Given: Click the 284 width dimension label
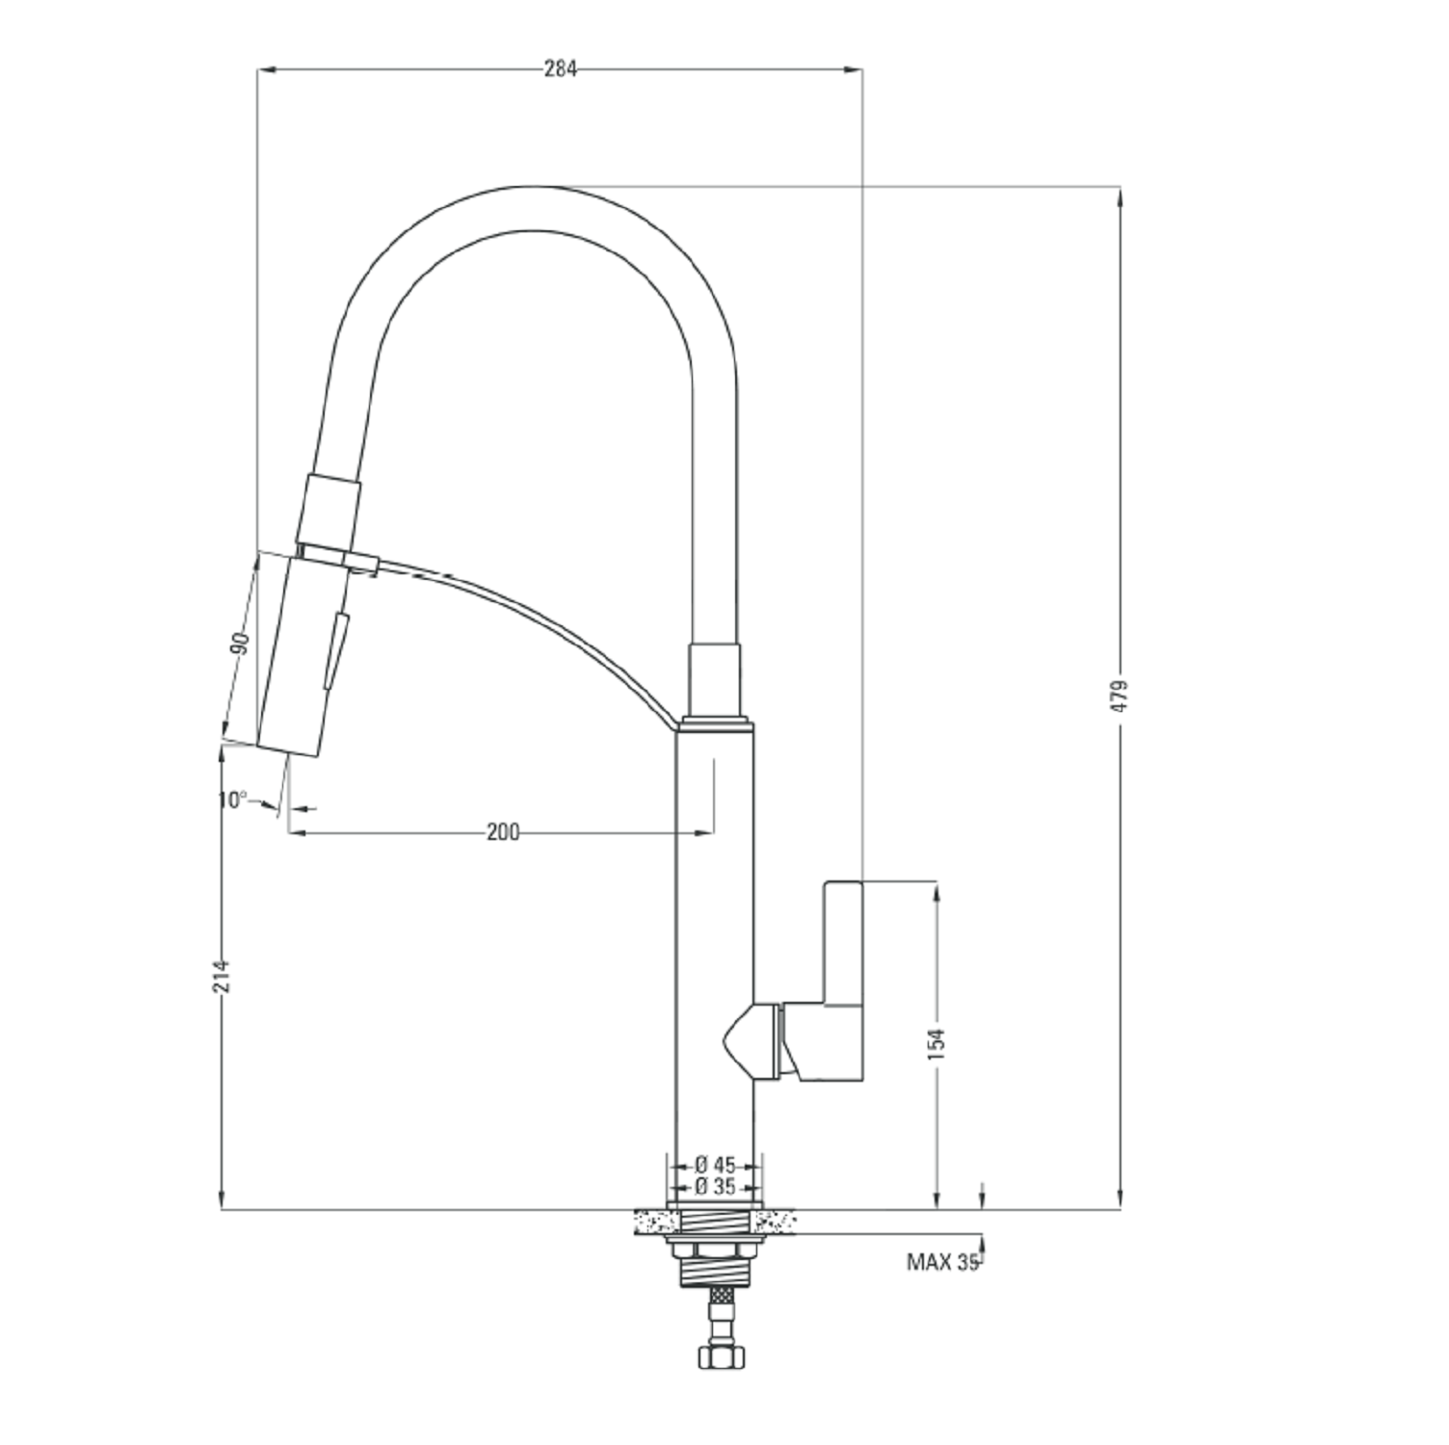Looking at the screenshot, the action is [x=560, y=68].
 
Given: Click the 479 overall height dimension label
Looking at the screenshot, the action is [x=1119, y=696].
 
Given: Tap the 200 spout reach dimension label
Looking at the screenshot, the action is [x=502, y=832].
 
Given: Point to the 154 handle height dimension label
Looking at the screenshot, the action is [x=937, y=1045].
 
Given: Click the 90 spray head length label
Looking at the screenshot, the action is [x=240, y=643].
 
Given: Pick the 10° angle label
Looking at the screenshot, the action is [x=232, y=800].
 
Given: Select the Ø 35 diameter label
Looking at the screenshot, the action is [x=714, y=1186].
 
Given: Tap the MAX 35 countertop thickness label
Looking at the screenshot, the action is [x=942, y=1262].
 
